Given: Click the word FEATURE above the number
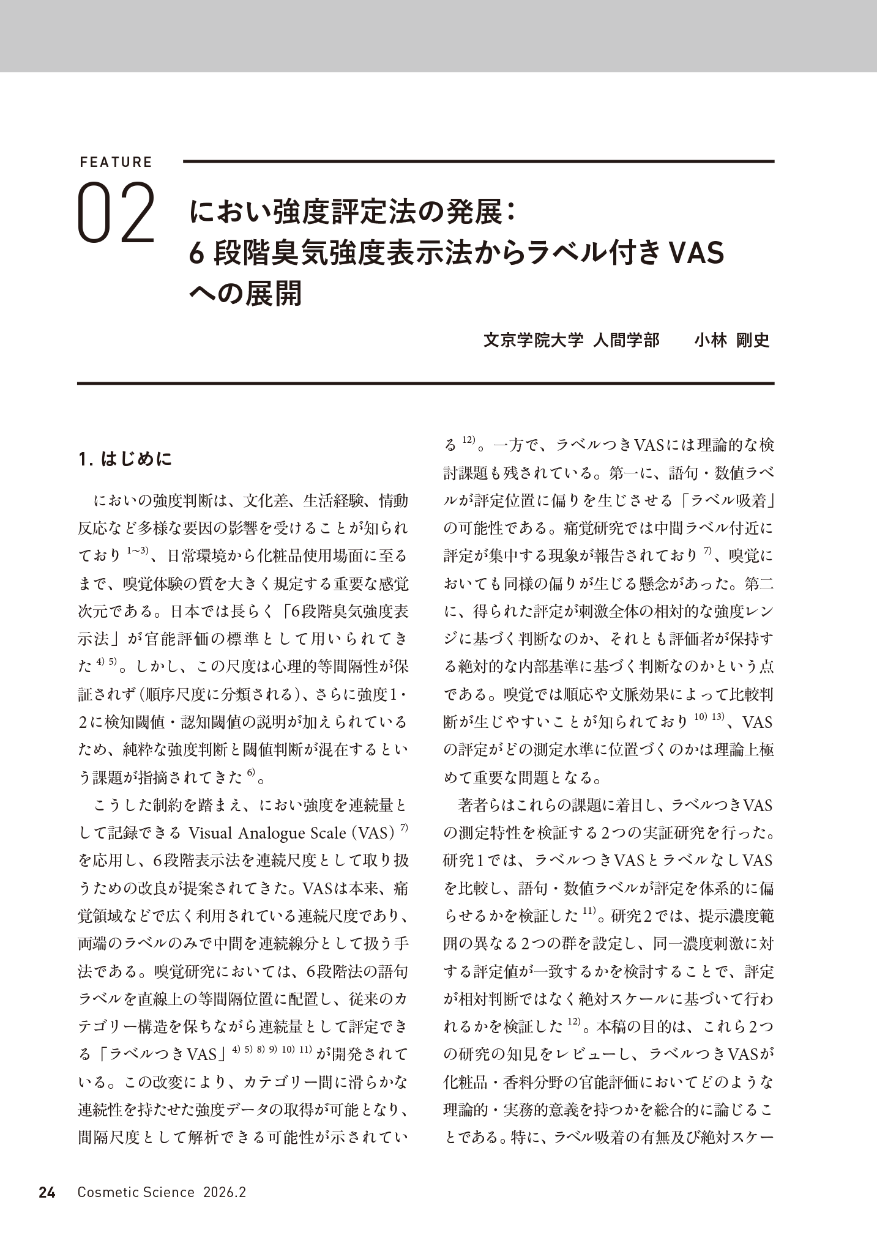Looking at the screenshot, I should tap(116, 162).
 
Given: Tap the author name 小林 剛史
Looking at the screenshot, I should tap(731, 341).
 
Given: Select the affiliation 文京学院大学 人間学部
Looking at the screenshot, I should tap(572, 341).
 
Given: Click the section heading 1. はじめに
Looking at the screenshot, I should tap(125, 459).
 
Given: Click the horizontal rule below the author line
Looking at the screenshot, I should tap(426, 384).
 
